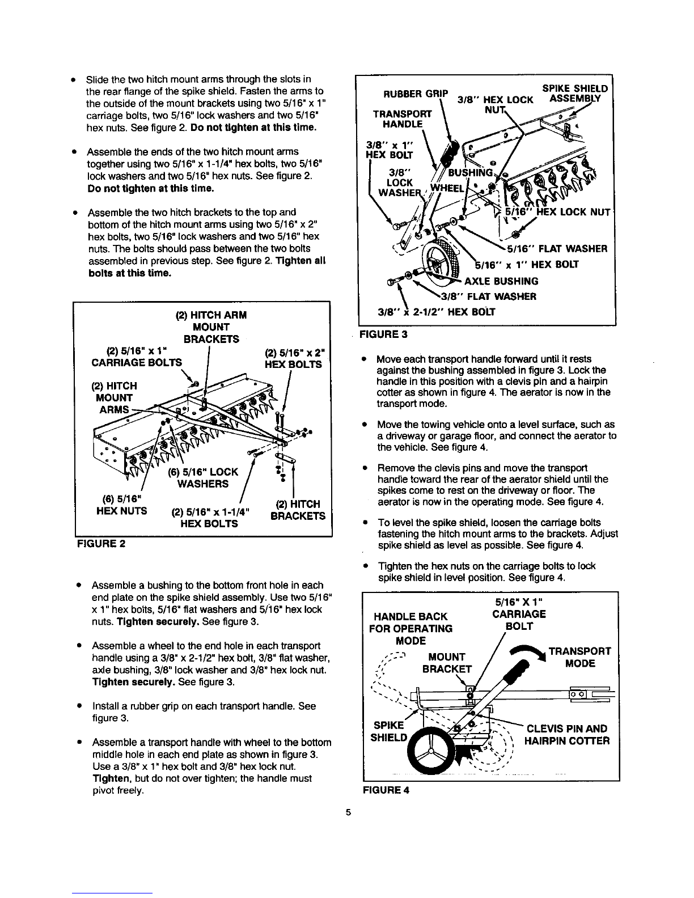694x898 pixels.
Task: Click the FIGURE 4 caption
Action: tap(386, 790)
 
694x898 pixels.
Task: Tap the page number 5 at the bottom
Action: tap(348, 812)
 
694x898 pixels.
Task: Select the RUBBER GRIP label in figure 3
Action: tap(416, 94)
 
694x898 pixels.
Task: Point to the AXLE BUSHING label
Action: tap(501, 281)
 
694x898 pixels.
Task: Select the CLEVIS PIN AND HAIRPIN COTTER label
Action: tap(567, 734)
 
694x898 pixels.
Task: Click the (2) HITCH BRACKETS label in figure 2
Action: tap(298, 510)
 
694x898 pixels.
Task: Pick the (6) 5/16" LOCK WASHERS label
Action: tap(203, 478)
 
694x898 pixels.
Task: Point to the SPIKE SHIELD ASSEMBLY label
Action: tap(575, 94)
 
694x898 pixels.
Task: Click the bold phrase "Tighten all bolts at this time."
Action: tap(207, 267)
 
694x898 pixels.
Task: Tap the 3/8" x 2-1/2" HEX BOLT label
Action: tap(437, 312)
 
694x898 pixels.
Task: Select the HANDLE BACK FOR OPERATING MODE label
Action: tap(411, 629)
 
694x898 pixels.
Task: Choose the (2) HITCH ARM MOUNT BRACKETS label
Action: tap(211, 327)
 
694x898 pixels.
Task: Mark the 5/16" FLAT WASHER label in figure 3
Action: tap(557, 249)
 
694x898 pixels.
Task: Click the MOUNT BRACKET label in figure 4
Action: tap(447, 663)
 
